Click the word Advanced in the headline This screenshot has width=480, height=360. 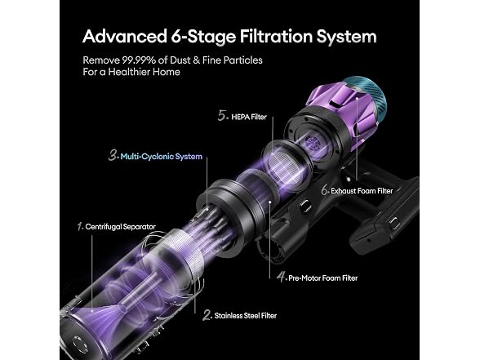[x=125, y=37]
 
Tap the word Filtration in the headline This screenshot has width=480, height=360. [x=276, y=37]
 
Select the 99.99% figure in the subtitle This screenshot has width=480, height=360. [x=139, y=60]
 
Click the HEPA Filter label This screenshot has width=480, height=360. [x=249, y=117]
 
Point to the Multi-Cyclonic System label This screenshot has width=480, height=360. [x=162, y=157]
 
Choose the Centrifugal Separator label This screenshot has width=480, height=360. [x=120, y=227]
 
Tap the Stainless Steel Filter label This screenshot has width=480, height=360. [x=246, y=316]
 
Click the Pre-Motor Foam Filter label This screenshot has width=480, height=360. [x=323, y=278]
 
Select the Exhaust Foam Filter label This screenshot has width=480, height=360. [x=362, y=191]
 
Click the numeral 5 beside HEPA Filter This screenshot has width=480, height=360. [x=222, y=116]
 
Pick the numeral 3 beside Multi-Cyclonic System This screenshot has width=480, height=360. [x=113, y=155]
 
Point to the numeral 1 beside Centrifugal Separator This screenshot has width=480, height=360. [x=80, y=227]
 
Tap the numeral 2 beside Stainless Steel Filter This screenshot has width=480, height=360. [x=207, y=315]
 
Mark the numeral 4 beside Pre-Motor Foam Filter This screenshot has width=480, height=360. [x=282, y=277]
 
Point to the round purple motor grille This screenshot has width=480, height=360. [x=313, y=142]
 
